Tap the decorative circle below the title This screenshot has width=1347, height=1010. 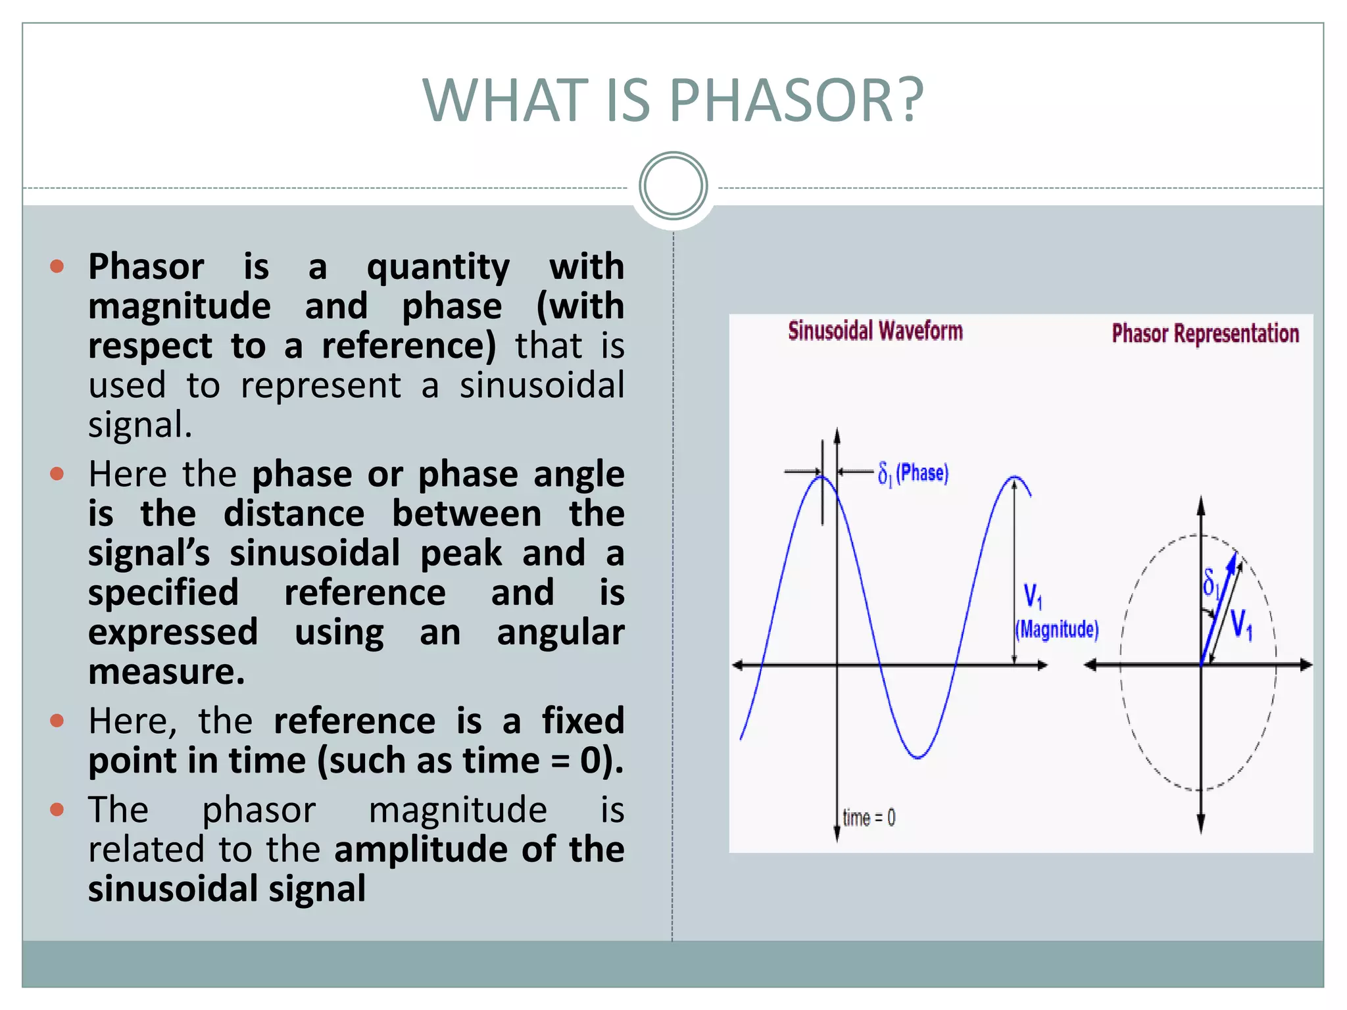(673, 186)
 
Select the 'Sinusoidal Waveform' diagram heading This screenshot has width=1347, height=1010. (875, 331)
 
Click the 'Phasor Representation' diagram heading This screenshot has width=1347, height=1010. (1205, 333)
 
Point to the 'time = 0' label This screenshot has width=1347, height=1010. (869, 818)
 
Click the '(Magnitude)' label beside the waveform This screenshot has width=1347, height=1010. (1057, 629)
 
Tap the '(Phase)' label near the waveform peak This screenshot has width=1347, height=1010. (922, 473)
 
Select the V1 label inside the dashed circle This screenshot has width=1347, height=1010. (1241, 624)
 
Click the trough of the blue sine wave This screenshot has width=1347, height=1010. (917, 756)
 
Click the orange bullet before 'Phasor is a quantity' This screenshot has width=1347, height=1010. (57, 266)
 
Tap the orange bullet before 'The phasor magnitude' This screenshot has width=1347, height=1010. (57, 809)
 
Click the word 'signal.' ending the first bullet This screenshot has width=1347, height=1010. (140, 425)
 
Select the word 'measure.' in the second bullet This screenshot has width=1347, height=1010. (166, 672)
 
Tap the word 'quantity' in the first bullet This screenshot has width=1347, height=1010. (438, 267)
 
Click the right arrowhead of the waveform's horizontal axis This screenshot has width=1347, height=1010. (1042, 665)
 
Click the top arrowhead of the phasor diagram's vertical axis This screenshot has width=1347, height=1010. (1201, 505)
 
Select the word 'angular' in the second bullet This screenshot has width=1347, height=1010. (560, 633)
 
